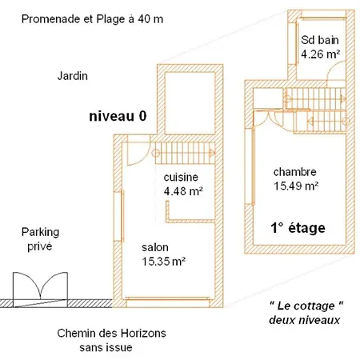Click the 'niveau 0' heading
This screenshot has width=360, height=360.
click(118, 116)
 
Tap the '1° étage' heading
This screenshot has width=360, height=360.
click(298, 228)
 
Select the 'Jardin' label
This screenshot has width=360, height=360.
click(72, 76)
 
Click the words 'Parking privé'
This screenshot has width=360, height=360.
click(40, 239)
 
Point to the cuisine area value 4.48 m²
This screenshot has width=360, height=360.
click(183, 191)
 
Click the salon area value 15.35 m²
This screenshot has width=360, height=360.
click(163, 262)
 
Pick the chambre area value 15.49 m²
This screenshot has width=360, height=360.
click(296, 186)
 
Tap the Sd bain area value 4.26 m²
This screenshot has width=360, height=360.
click(320, 54)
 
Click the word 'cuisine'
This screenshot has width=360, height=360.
click(181, 177)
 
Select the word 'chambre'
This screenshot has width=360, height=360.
click(295, 172)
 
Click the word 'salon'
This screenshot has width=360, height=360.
click(155, 247)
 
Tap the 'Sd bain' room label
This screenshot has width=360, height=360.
click(320, 40)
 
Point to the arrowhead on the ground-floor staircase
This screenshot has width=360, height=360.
click(212, 154)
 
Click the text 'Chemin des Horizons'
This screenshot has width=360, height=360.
click(111, 333)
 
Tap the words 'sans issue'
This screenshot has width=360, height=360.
click(106, 347)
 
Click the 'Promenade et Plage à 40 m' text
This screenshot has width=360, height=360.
click(92, 19)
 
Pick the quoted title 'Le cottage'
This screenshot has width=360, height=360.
click(306, 306)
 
